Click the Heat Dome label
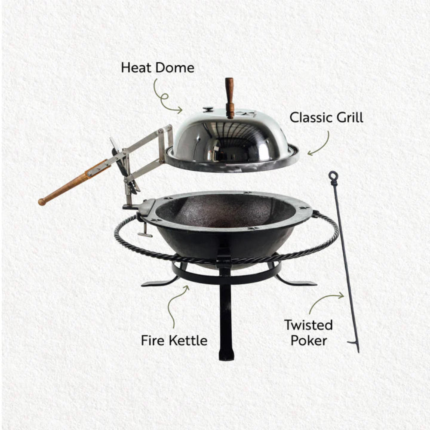157,68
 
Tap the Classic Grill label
326,117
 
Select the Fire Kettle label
174,341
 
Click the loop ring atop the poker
333,176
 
